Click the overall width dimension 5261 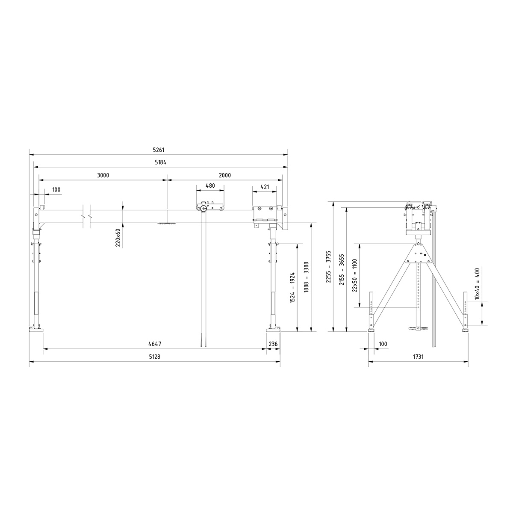pyautogui.click(x=159, y=150)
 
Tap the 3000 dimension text pyautogui.click(x=103, y=175)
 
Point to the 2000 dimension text pyautogui.click(x=224, y=175)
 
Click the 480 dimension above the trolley pyautogui.click(x=210, y=186)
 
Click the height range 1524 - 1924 pyautogui.click(x=292, y=287)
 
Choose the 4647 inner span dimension pyautogui.click(x=154, y=344)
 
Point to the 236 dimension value pyautogui.click(x=273, y=344)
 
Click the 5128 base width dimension pyautogui.click(x=154, y=357)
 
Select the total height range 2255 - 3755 pyautogui.click(x=329, y=267)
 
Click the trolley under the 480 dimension pyautogui.click(x=210, y=207)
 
